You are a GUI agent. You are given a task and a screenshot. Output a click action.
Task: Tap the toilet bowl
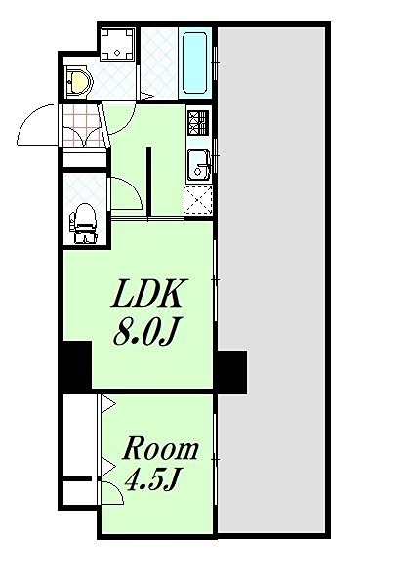[84, 223]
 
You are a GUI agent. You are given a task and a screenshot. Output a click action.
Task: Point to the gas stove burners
[200, 123]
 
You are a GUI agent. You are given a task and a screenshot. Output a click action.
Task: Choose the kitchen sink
[200, 164]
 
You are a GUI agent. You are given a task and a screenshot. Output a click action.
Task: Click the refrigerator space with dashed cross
[199, 198]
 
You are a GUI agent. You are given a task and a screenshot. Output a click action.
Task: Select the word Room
[160, 450]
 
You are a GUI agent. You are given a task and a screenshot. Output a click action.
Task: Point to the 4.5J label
[155, 480]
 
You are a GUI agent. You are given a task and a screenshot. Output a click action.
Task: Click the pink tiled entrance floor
[81, 126]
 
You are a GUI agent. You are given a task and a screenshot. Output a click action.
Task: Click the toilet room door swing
[125, 193]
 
